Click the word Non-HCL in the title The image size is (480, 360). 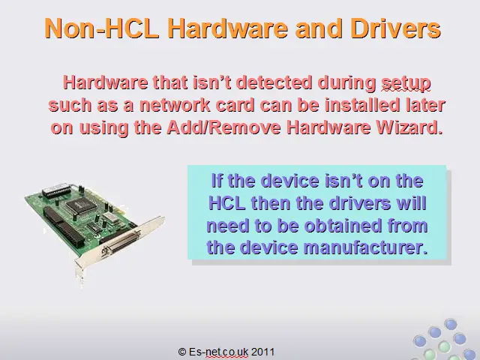(102, 28)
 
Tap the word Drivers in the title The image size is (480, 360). (395, 28)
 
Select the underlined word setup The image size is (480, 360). (406, 83)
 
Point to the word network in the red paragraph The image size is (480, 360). (175, 105)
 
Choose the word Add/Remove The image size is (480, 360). (223, 127)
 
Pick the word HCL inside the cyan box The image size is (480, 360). (226, 202)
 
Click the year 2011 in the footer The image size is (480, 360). (263, 352)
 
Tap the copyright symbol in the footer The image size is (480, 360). (182, 352)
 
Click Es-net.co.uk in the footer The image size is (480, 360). (218, 352)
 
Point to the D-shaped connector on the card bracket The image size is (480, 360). (121, 241)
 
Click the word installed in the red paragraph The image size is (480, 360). (362, 105)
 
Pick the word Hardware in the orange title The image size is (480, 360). (228, 28)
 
